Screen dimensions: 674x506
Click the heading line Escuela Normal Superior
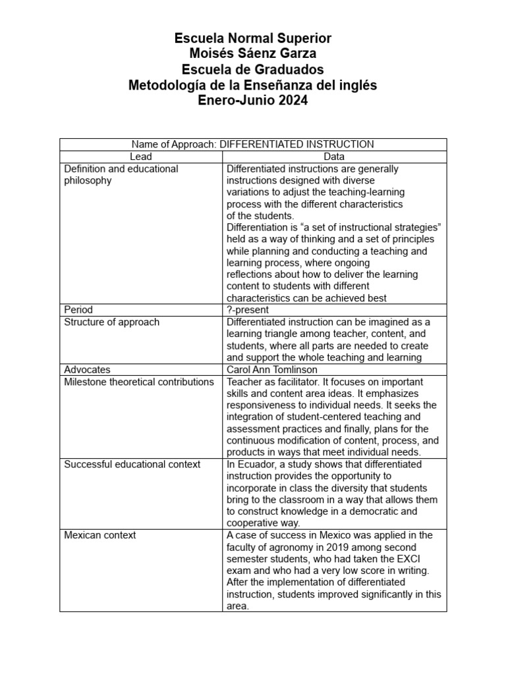tap(253, 39)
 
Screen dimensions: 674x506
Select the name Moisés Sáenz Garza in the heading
tap(253, 55)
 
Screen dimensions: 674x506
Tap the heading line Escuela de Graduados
tap(253, 70)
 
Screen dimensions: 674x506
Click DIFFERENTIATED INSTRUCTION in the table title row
tap(296, 144)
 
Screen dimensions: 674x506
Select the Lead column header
tap(141, 157)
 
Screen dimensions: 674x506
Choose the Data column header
tap(334, 157)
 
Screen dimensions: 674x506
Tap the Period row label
tap(78, 309)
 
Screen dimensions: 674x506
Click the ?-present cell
tap(247, 309)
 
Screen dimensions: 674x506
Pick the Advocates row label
tap(87, 370)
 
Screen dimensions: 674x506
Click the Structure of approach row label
tap(111, 322)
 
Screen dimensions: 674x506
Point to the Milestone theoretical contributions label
tap(138, 382)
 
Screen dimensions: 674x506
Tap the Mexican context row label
tap(100, 535)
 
